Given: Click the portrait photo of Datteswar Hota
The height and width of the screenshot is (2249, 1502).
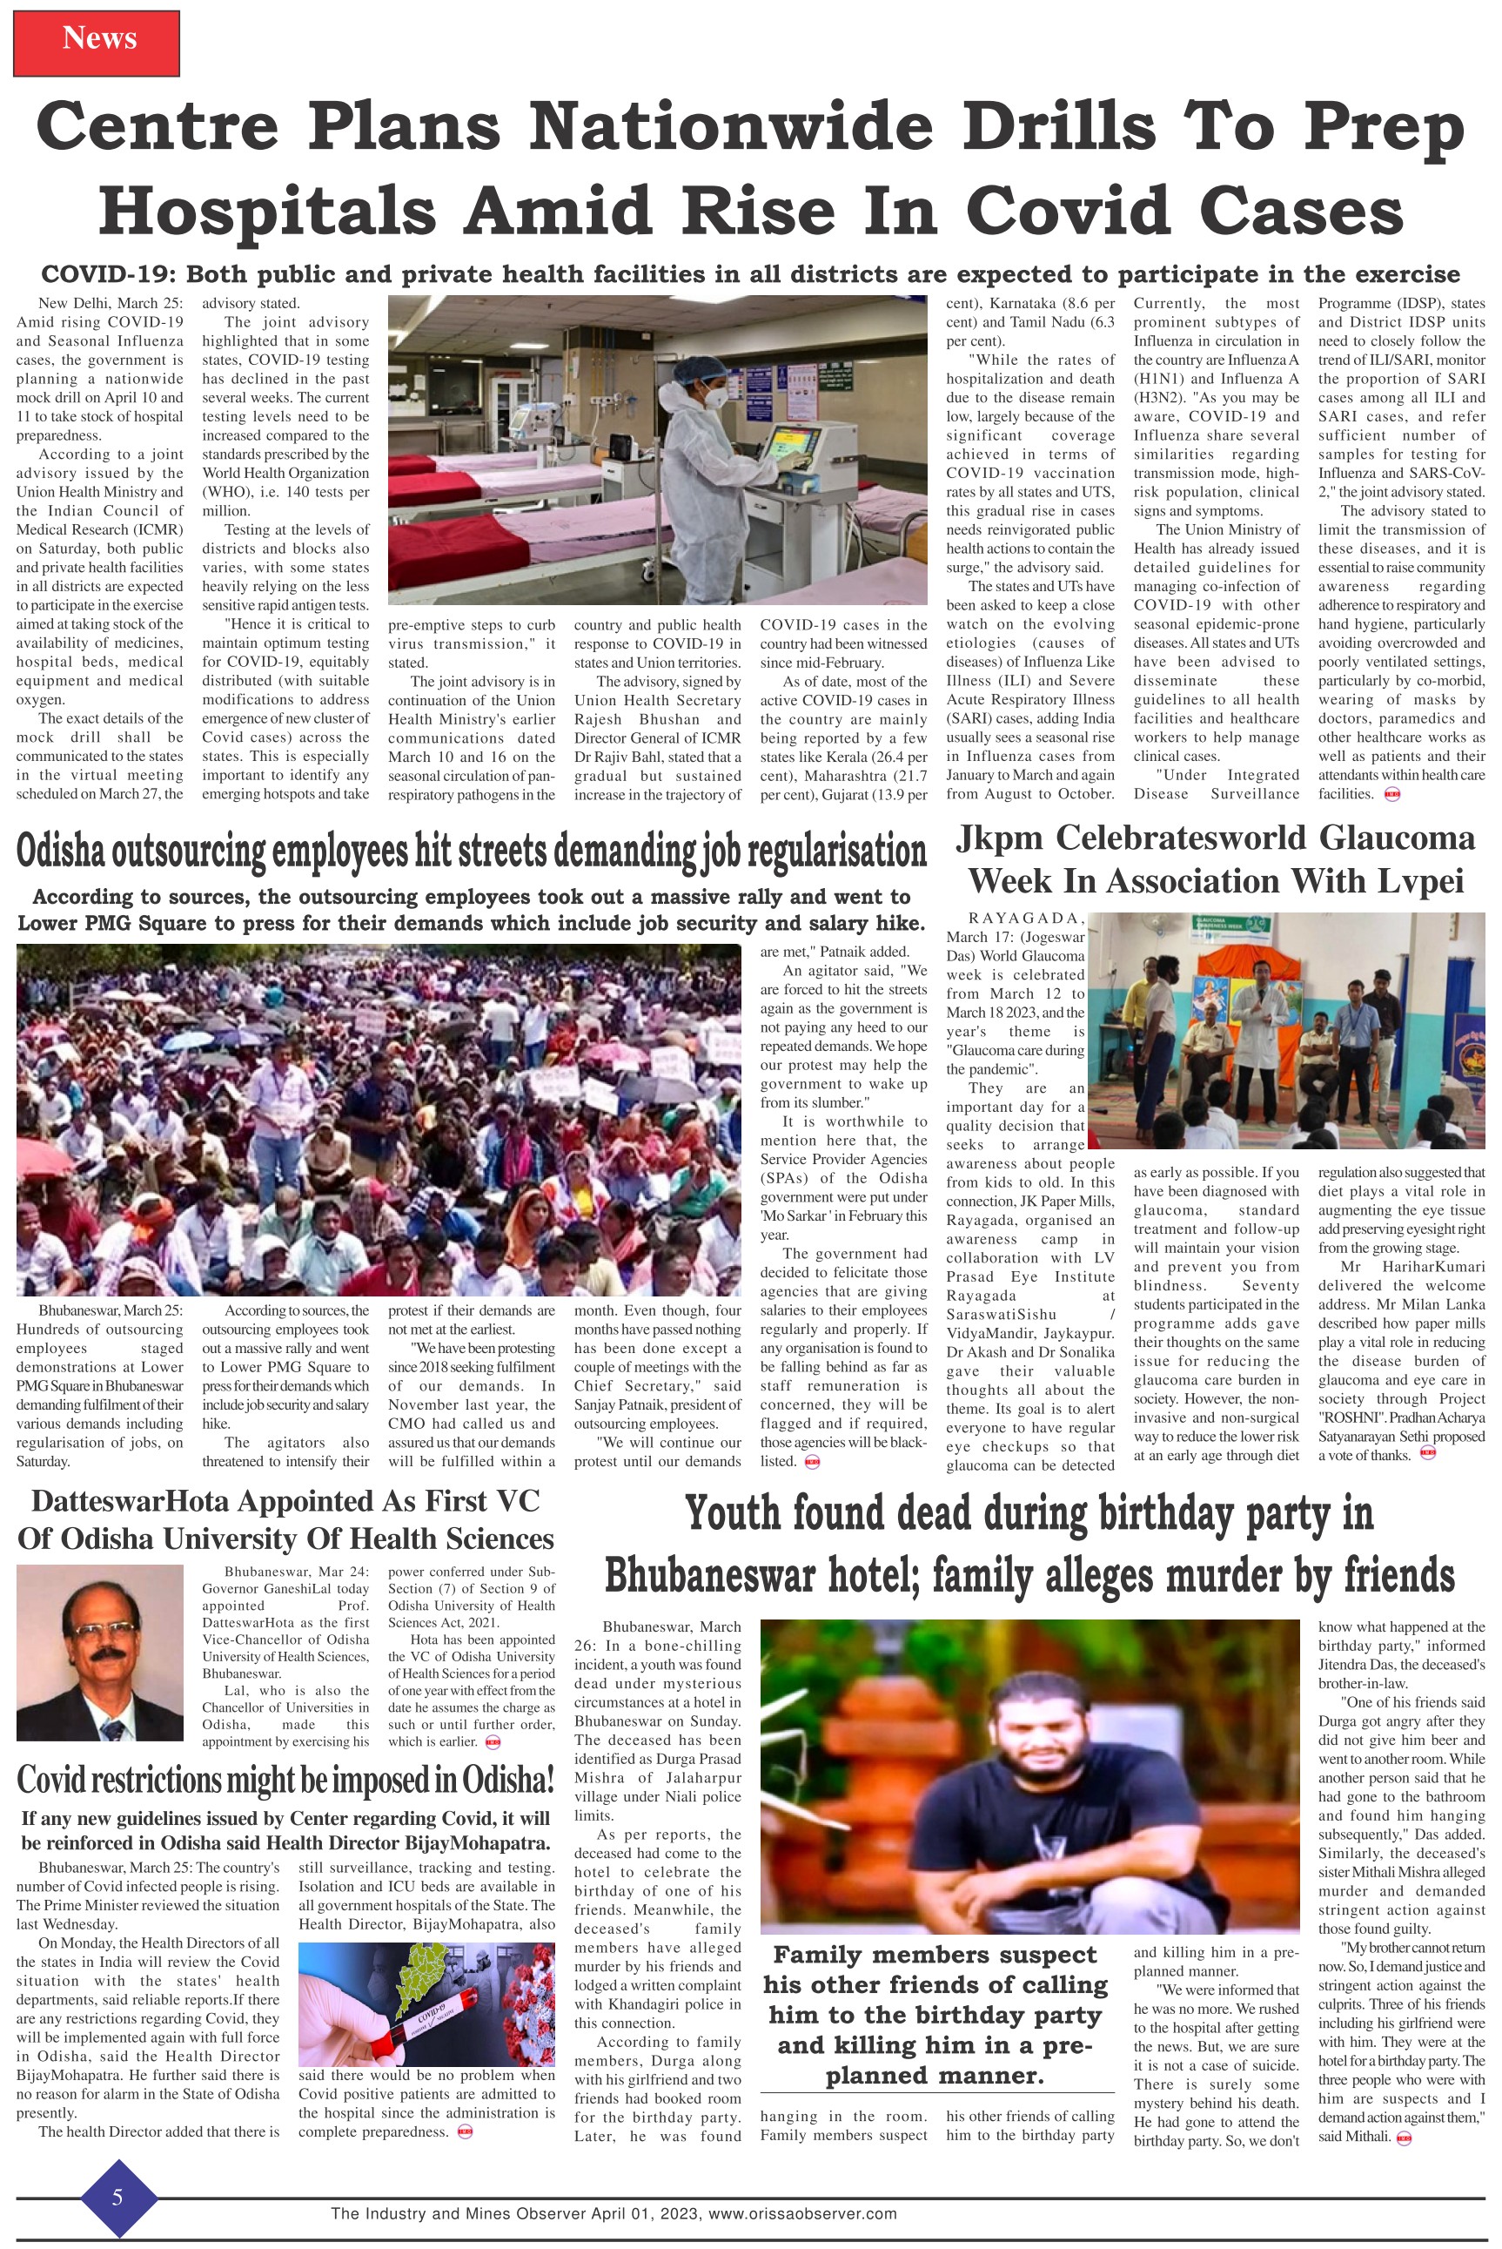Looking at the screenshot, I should [99, 1653].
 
